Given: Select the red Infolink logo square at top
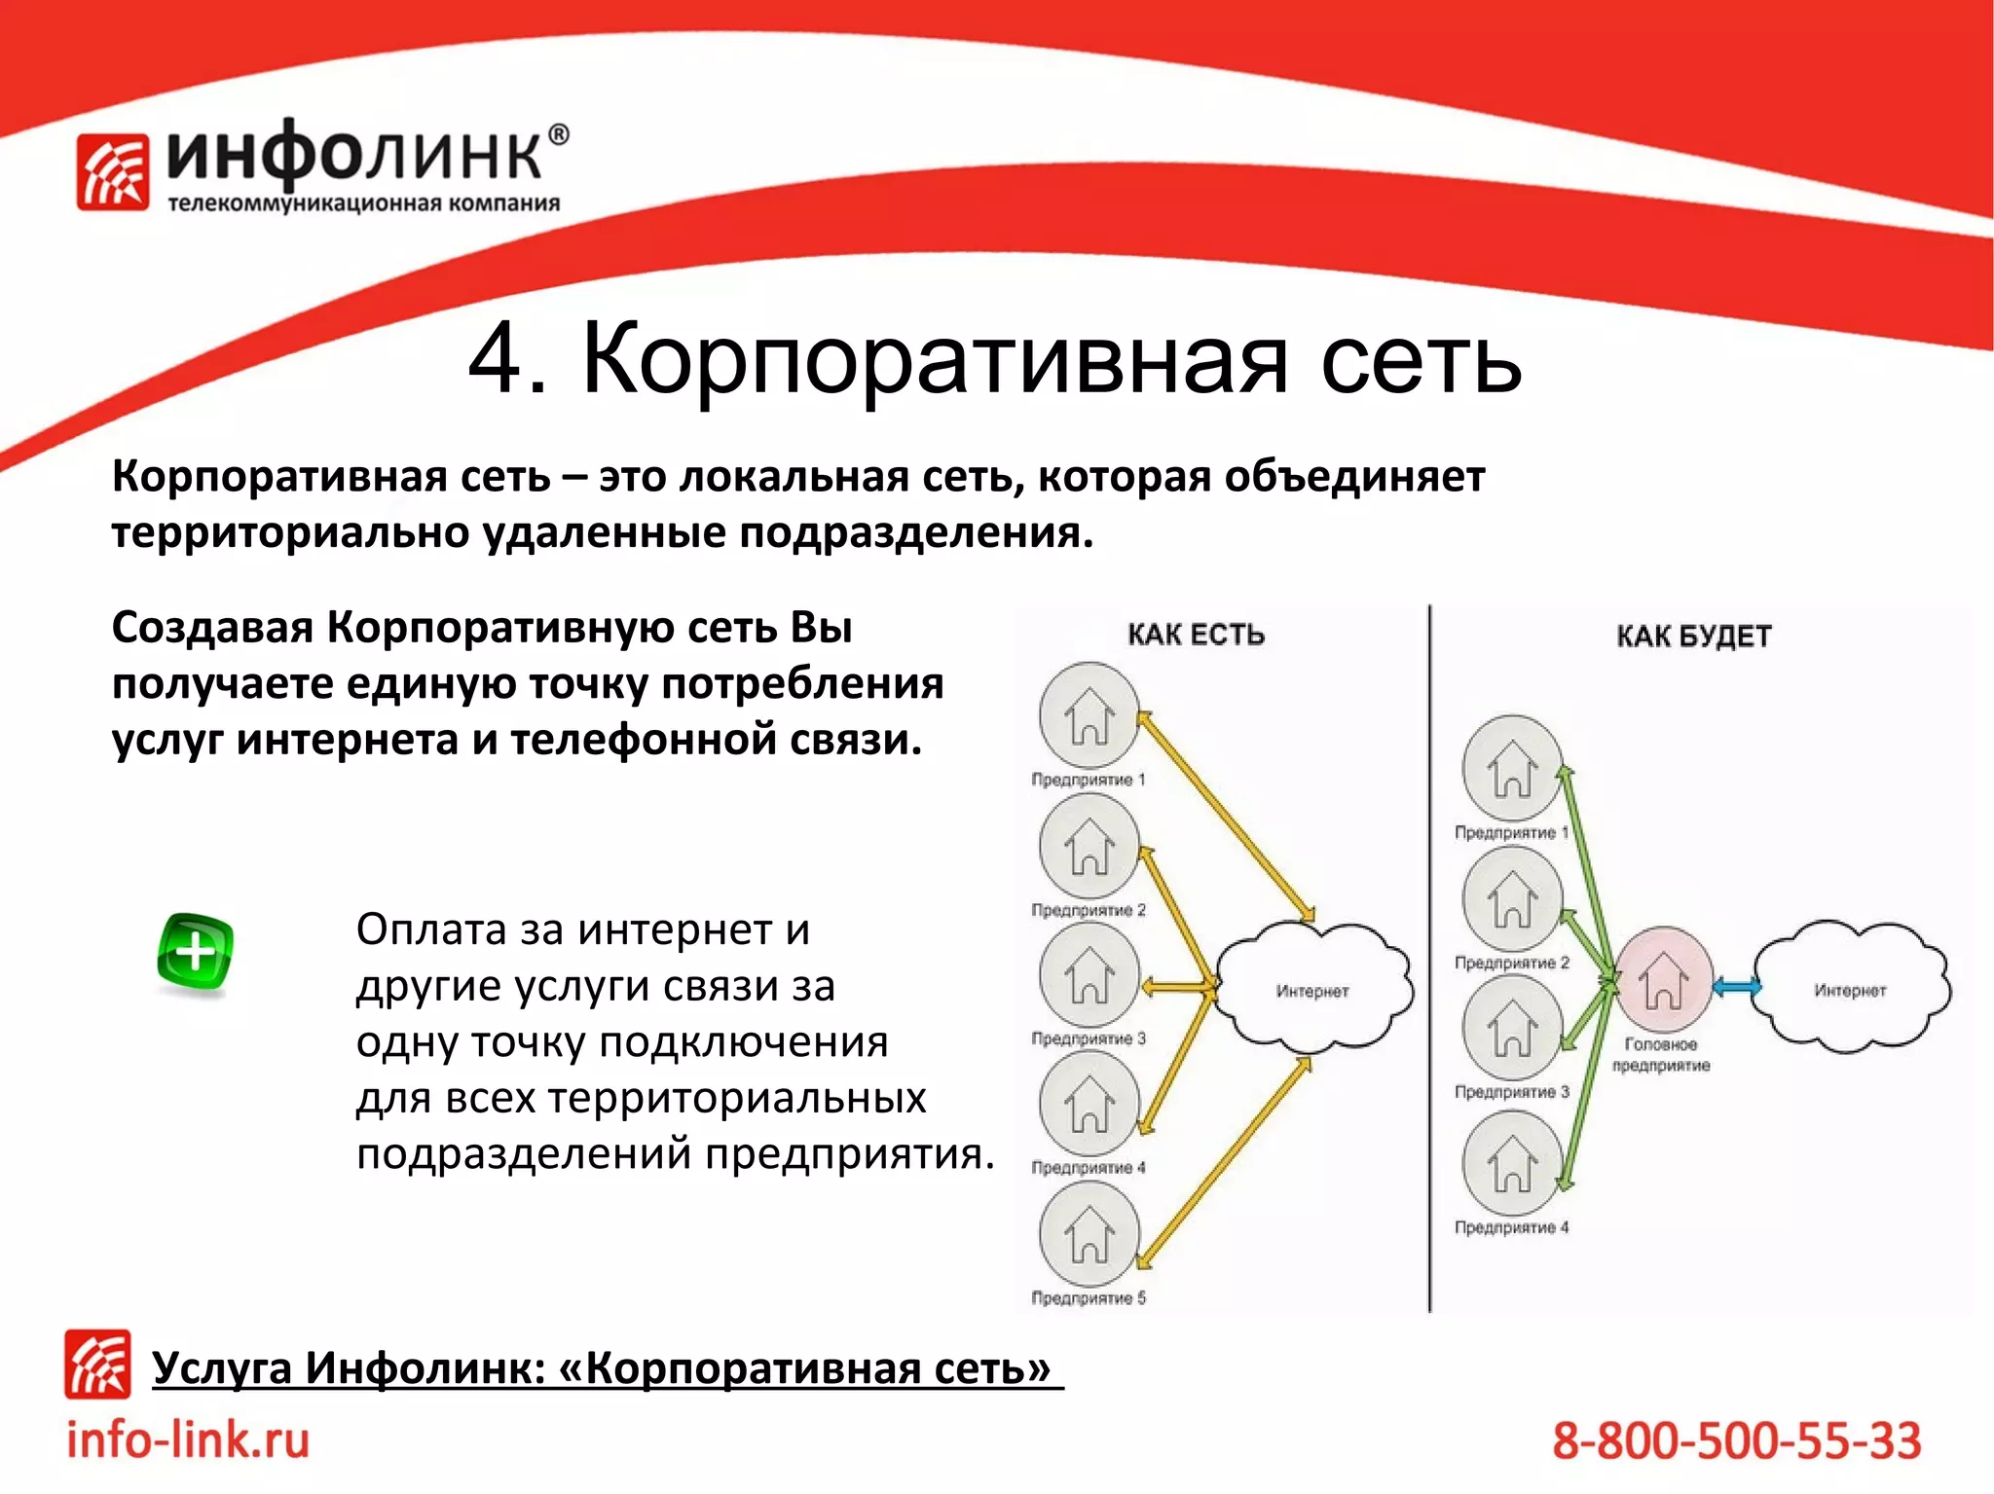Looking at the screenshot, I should pyautogui.click(x=113, y=172).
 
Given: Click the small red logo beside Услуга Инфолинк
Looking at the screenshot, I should pyautogui.click(x=97, y=1365).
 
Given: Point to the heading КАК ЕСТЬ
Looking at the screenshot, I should pyautogui.click(x=1196, y=635).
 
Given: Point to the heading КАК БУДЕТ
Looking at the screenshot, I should pyautogui.click(x=1693, y=637).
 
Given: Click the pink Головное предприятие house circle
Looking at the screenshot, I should pyautogui.click(x=1664, y=978).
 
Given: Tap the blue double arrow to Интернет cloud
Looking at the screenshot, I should pyautogui.click(x=1736, y=987).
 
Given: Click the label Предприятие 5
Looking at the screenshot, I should pyautogui.click(x=1089, y=1298).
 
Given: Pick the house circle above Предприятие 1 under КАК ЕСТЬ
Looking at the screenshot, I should pyautogui.click(x=1089, y=715).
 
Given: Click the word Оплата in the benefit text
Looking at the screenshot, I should pyautogui.click(x=430, y=929).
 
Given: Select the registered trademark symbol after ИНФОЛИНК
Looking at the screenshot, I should pyautogui.click(x=559, y=135).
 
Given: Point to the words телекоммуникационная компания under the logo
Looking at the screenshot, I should pyautogui.click(x=364, y=203).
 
